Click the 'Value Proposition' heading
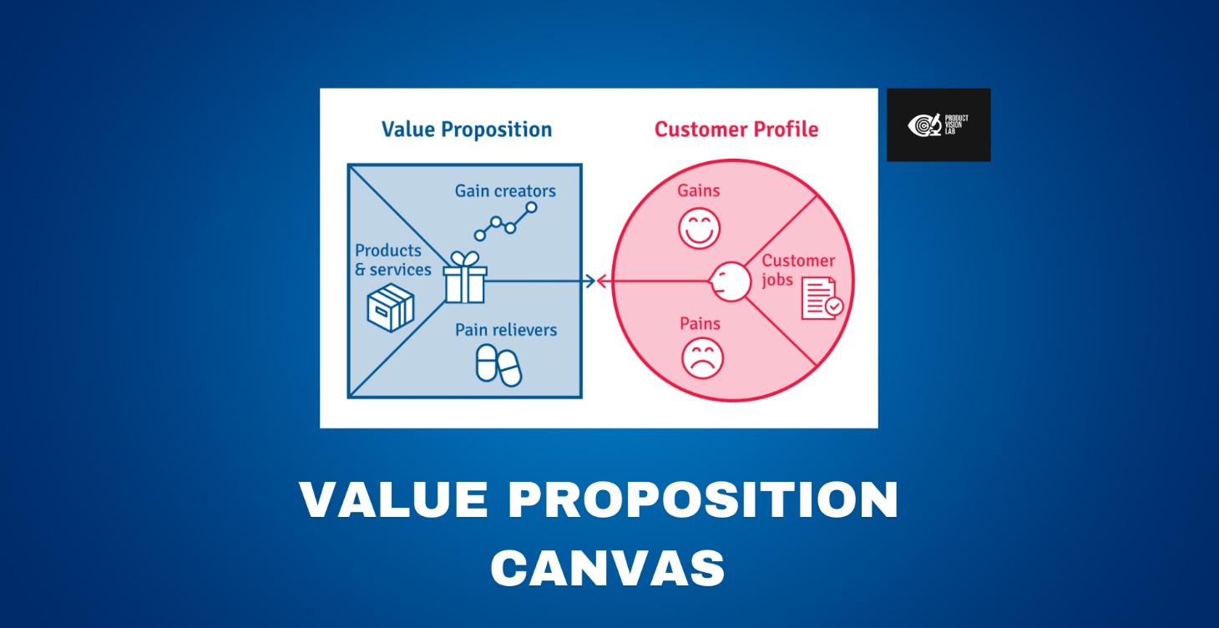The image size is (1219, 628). pyautogui.click(x=466, y=129)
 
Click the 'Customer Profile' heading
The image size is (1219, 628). pyautogui.click(x=736, y=129)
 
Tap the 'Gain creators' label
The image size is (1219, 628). pyautogui.click(x=505, y=191)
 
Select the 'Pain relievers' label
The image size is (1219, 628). pyautogui.click(x=505, y=330)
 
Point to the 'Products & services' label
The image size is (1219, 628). pyautogui.click(x=393, y=260)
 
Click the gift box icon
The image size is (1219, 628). pyautogui.click(x=464, y=278)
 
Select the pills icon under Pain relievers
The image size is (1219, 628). pyautogui.click(x=498, y=366)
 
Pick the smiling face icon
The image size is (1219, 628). pyautogui.click(x=699, y=228)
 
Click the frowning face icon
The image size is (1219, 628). pyautogui.click(x=702, y=358)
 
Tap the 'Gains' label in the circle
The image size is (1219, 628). pyautogui.click(x=698, y=190)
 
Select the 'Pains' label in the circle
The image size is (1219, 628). pyautogui.click(x=700, y=323)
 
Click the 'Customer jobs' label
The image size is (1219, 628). pyautogui.click(x=797, y=270)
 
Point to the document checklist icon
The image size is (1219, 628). pyautogui.click(x=822, y=299)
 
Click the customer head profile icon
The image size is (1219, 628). pyautogui.click(x=728, y=280)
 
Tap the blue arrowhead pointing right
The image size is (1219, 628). pyautogui.click(x=589, y=281)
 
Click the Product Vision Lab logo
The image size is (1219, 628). pyautogui.click(x=938, y=124)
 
